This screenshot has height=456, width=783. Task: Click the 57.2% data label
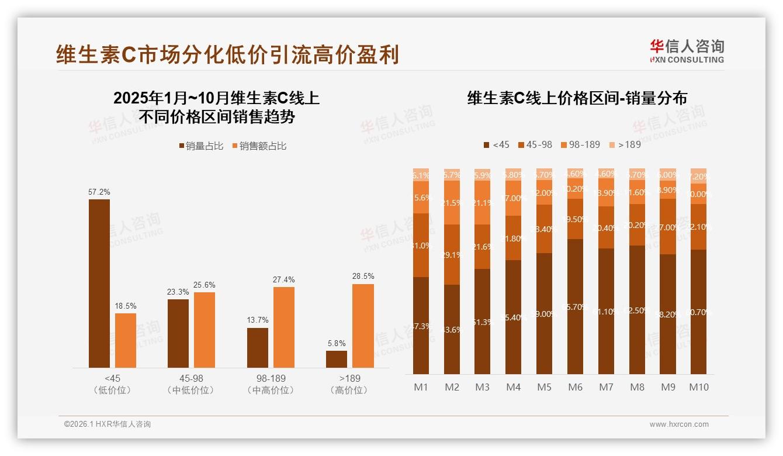tap(99, 192)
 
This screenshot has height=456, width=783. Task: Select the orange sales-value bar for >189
tap(363, 326)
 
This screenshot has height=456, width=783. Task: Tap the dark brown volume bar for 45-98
tap(178, 333)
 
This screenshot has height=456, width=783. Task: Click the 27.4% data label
tap(283, 279)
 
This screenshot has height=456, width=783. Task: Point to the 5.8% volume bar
tap(337, 359)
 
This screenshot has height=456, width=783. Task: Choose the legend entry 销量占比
tap(201, 146)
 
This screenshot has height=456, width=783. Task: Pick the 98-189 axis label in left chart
tap(271, 379)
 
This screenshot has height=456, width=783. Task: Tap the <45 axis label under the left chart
tap(112, 379)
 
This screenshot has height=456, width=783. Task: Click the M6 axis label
tap(576, 387)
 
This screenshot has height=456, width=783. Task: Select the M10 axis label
tap(698, 387)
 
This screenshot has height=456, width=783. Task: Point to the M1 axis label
tap(421, 387)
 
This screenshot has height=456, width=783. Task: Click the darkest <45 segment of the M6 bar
tap(576, 306)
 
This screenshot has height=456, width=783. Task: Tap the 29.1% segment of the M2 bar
tap(452, 255)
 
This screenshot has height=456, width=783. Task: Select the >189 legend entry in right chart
tap(625, 144)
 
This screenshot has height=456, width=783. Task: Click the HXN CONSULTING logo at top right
tap(687, 51)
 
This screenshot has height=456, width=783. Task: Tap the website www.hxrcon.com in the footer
tap(679, 424)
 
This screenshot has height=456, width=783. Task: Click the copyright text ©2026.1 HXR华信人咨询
tap(108, 424)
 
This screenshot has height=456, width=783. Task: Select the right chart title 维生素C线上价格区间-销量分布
tap(577, 98)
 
